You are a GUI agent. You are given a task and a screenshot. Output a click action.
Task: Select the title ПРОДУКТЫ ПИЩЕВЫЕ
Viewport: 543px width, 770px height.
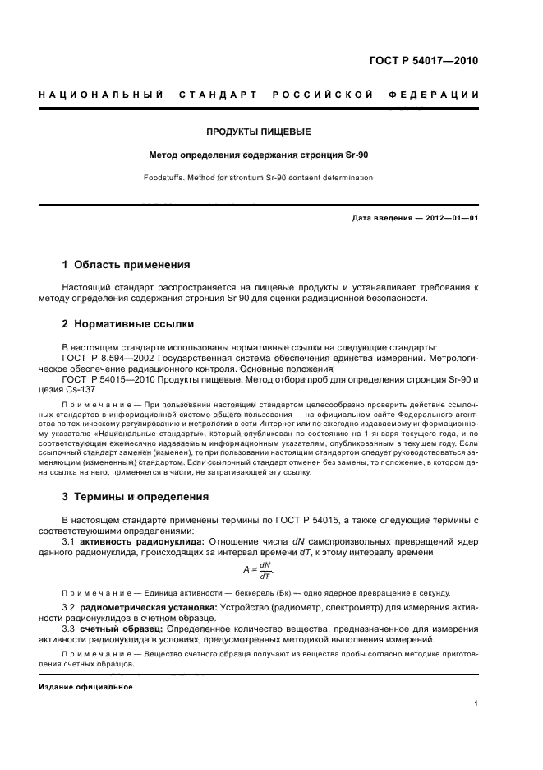point(259,132)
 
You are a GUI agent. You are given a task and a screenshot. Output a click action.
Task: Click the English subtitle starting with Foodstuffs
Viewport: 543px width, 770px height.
point(258,177)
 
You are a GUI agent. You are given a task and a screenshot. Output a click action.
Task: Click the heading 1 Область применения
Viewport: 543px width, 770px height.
point(127,265)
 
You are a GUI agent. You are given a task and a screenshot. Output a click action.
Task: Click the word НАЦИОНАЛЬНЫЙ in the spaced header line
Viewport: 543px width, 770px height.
point(99,95)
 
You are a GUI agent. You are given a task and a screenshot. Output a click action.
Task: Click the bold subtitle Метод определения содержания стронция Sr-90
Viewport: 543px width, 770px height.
point(258,154)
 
